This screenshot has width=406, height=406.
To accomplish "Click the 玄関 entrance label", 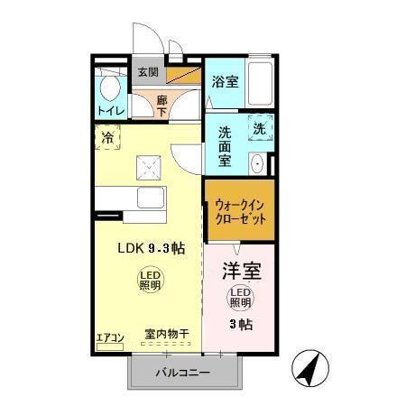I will point(148,72).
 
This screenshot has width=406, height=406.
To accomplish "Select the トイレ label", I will point(108,111).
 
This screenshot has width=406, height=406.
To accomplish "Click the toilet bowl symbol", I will point(110,88).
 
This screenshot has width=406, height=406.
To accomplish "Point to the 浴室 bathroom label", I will point(225,82).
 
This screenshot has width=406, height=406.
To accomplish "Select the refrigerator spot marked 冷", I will point(107,139).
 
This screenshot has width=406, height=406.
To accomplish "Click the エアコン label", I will point(110,338).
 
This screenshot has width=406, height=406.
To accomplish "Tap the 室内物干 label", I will point(166,335).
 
